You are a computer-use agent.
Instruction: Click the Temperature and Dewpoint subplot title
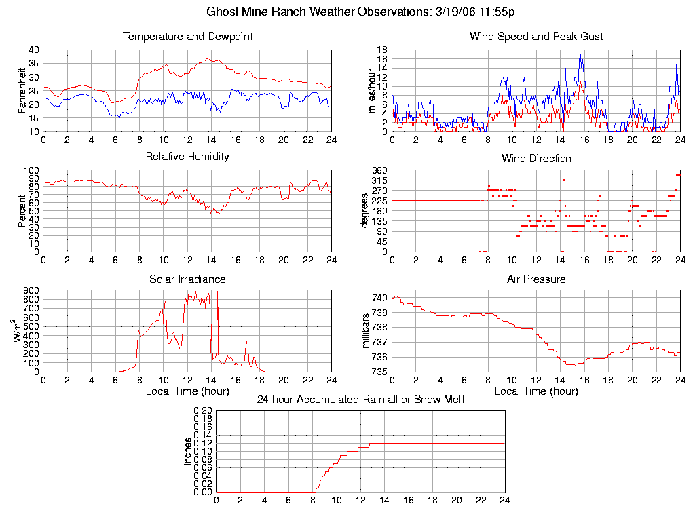pos(187,37)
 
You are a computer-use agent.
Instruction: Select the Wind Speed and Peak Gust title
pos(536,37)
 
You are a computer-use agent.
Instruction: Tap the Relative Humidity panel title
pos(187,157)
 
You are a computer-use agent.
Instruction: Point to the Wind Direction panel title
pos(536,159)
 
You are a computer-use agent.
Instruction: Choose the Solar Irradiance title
pos(187,279)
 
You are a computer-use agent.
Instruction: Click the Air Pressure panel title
pos(536,279)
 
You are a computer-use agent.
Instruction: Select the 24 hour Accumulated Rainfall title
pos(360,399)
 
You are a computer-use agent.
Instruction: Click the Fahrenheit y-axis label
pos(22,90)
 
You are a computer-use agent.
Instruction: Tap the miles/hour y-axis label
pos(371,90)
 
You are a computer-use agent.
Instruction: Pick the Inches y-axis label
pos(188,452)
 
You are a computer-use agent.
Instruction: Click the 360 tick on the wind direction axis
pos(379,170)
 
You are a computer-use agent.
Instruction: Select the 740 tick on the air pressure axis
pos(379,298)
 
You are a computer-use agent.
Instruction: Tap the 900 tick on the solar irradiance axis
pos(32,290)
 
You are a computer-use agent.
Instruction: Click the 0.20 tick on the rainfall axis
pos(203,411)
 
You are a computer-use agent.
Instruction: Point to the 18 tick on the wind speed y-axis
pos(382,50)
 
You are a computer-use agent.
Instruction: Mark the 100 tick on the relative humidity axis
pos(32,170)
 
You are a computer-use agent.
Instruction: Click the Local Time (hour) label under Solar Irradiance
pos(187,391)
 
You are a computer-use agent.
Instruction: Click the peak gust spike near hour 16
pos(581,55)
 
